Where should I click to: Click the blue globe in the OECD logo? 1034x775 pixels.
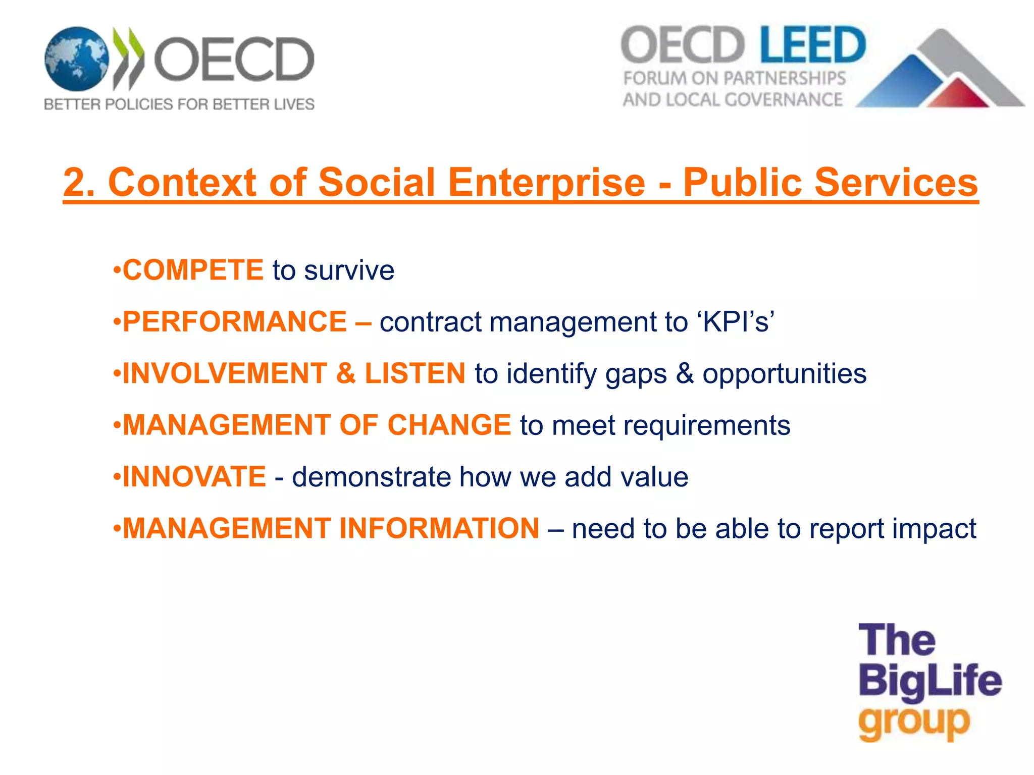click(76, 59)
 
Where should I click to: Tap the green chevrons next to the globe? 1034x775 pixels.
click(128, 58)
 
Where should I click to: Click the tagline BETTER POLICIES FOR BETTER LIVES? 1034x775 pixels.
click(179, 104)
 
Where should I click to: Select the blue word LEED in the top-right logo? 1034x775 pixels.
click(812, 45)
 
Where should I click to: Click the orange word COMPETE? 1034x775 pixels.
click(193, 270)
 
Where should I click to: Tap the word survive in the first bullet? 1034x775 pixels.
click(349, 270)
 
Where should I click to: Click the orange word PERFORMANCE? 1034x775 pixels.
click(235, 321)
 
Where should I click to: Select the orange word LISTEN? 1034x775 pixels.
click(415, 373)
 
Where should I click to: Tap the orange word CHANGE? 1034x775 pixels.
click(449, 425)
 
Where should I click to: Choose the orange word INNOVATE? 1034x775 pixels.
click(194, 477)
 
